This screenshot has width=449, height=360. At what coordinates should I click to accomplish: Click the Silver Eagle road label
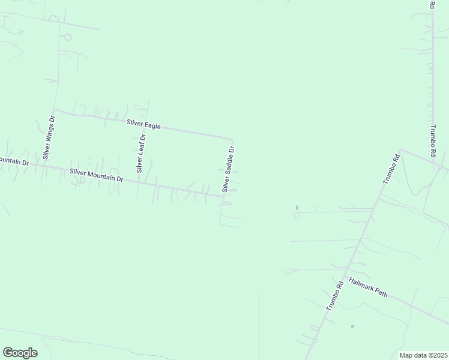[143, 125]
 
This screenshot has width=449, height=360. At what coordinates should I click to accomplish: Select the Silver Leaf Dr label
[141, 154]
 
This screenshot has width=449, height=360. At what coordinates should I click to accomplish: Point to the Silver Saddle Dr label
[229, 169]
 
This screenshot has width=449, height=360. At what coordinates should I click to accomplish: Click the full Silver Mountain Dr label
[96, 175]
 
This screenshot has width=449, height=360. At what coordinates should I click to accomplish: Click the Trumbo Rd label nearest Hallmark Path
[335, 295]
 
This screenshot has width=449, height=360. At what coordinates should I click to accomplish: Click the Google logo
[20, 352]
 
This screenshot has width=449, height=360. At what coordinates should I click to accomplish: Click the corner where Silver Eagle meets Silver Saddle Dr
[233, 138]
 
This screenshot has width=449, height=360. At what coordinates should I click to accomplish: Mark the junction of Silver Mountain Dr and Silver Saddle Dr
[223, 196]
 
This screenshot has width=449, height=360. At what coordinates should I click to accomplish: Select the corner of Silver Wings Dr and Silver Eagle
[54, 110]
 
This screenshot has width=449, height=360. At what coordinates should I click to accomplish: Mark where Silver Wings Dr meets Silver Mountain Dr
[42, 166]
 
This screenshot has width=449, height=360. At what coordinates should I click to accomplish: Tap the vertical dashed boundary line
[259, 324]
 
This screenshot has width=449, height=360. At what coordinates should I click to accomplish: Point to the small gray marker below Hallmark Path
[352, 326]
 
